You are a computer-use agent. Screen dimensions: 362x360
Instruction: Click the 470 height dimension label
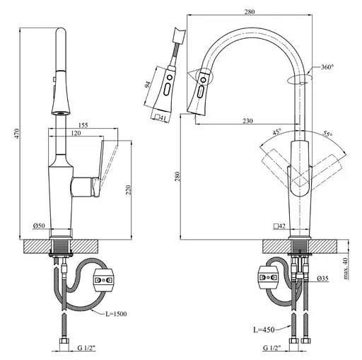pos(16,134)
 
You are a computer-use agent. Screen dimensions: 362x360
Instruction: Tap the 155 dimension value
pos(83,124)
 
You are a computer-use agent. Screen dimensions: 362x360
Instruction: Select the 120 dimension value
pos(76,133)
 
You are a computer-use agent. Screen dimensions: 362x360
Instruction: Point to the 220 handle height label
pos(128,190)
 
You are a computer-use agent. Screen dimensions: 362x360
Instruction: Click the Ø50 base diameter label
pos(39,226)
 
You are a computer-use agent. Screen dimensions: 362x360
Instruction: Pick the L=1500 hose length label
pos(116,314)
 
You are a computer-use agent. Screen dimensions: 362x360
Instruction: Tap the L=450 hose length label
pos(264,330)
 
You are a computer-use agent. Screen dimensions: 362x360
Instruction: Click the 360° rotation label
pos(327,67)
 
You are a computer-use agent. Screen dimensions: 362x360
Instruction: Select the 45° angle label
pos(277,132)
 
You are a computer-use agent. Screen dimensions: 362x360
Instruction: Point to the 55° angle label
pos(327,134)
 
